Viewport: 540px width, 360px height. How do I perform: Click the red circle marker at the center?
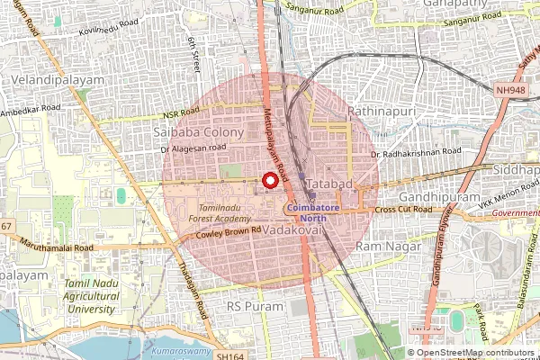[x=268, y=181]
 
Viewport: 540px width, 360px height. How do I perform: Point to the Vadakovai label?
[x=292, y=230]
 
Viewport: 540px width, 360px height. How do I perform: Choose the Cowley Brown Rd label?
[x=229, y=231]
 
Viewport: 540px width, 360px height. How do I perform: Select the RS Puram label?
[x=247, y=306]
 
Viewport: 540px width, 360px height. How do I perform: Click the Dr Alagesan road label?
[x=193, y=148]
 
